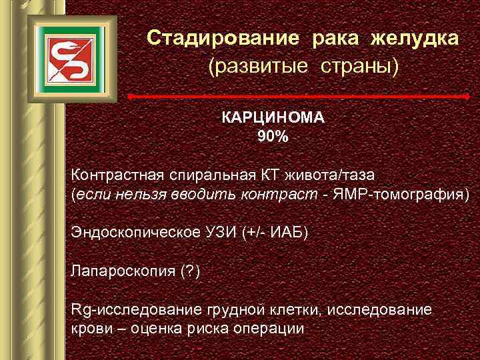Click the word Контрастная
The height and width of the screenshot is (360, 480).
117,176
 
